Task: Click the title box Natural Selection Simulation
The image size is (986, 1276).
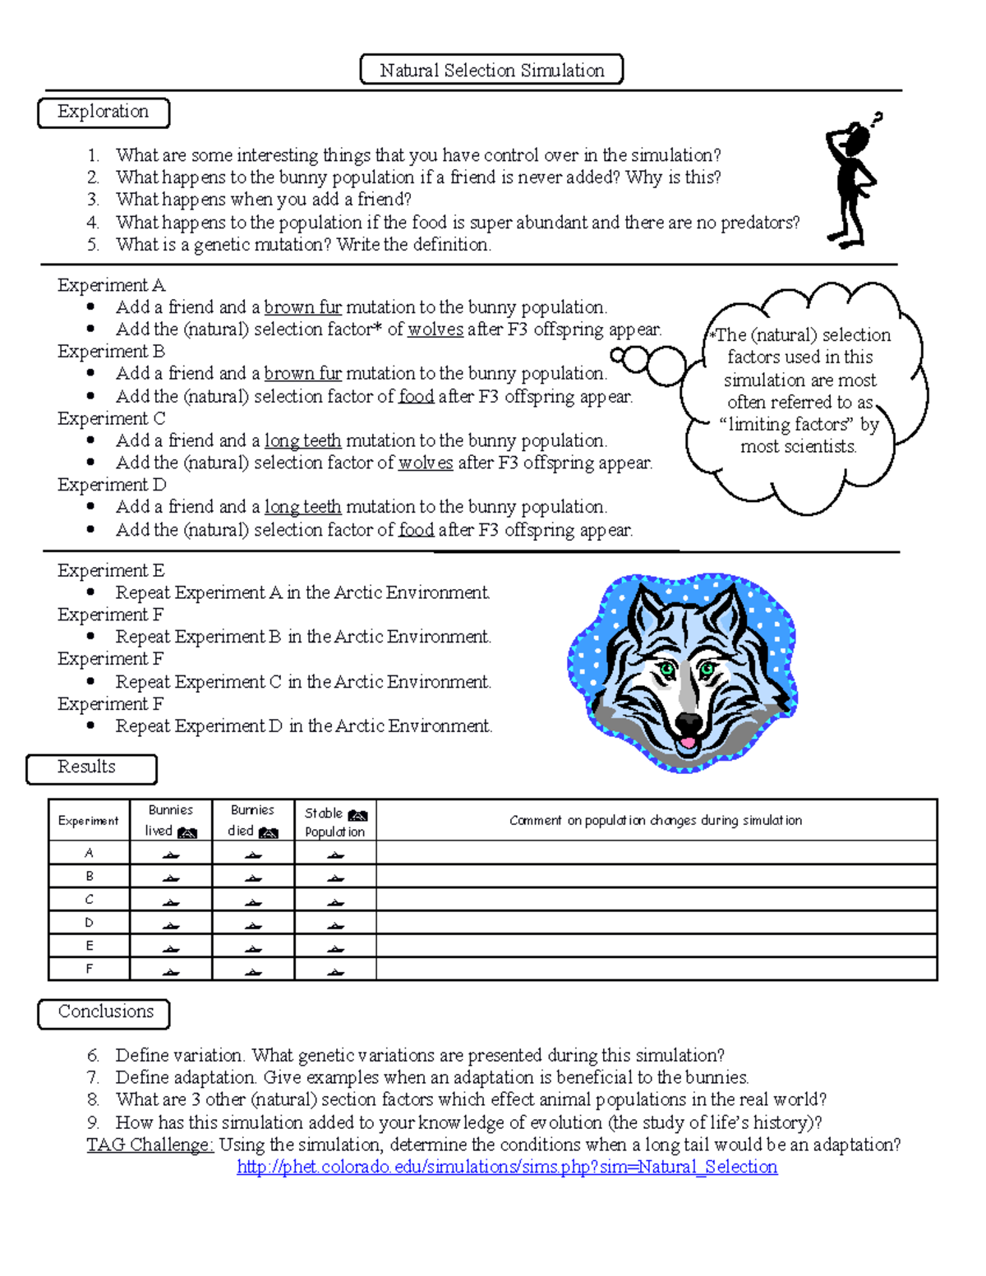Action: pyautogui.click(x=491, y=71)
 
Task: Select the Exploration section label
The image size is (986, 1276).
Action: pyautogui.click(x=104, y=113)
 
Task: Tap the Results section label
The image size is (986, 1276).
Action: pyautogui.click(x=90, y=767)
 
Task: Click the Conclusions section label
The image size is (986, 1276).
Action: pyautogui.click(x=104, y=1012)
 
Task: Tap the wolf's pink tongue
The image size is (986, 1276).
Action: pyautogui.click(x=686, y=744)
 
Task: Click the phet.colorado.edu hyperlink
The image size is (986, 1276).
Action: pyautogui.click(x=506, y=1167)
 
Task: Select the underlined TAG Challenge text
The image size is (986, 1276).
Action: pyautogui.click(x=150, y=1145)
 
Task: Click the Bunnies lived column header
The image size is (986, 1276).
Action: pyautogui.click(x=171, y=820)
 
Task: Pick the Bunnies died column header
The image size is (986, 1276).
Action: pyautogui.click(x=253, y=820)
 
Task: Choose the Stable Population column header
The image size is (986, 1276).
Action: pyautogui.click(x=335, y=821)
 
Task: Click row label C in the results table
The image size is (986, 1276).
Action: pyautogui.click(x=89, y=900)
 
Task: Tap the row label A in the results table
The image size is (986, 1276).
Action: pyautogui.click(x=89, y=853)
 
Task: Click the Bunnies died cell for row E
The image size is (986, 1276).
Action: pyautogui.click(x=253, y=947)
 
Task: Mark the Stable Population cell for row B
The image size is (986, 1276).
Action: pyautogui.click(x=335, y=877)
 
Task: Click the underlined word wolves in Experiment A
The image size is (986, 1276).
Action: pyautogui.click(x=435, y=329)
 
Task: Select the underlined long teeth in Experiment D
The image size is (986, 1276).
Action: pyautogui.click(x=302, y=507)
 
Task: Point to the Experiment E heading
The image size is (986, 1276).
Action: pyautogui.click(x=111, y=570)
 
